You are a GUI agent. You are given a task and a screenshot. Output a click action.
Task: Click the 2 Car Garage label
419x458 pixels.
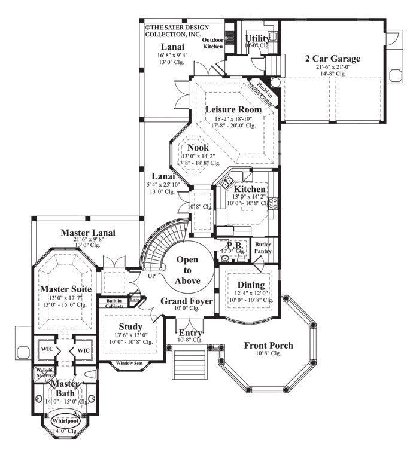pyautogui.click(x=333, y=59)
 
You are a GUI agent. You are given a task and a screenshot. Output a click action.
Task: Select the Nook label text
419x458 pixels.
pyautogui.click(x=198, y=147)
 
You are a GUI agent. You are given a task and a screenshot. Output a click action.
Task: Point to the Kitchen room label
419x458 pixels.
pyautogui.click(x=250, y=189)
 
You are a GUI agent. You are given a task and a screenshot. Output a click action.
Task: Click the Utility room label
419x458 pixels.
pyautogui.click(x=257, y=38)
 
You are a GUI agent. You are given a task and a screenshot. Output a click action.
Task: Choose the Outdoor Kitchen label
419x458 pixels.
pyautogui.click(x=212, y=42)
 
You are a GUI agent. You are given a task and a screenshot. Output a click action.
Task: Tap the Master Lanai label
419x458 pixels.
pyautogui.click(x=88, y=232)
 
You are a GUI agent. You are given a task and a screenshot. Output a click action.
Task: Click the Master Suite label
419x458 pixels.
pyautogui.click(x=66, y=289)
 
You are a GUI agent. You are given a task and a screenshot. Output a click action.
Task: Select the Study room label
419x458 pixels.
pyautogui.click(x=130, y=326)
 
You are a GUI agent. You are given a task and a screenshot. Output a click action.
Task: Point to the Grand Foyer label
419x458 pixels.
pyautogui.click(x=186, y=301)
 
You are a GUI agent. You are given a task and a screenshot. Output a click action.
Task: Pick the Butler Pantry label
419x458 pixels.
pyautogui.click(x=263, y=248)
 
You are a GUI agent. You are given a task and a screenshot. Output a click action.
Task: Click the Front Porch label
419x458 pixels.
pyautogui.click(x=268, y=345)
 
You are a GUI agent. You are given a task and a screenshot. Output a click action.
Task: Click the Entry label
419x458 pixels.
pyautogui.click(x=190, y=332)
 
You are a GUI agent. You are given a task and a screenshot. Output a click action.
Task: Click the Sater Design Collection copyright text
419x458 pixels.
pyautogui.click(x=174, y=30)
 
